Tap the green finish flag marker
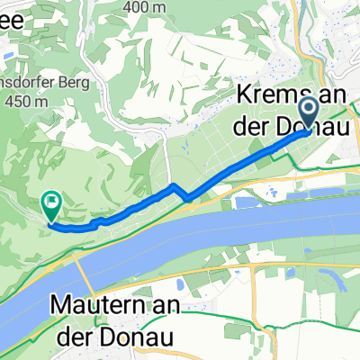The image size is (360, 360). [x=51, y=208]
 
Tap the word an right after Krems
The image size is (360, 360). [x=329, y=96]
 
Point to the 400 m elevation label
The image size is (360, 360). [x=155, y=6]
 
